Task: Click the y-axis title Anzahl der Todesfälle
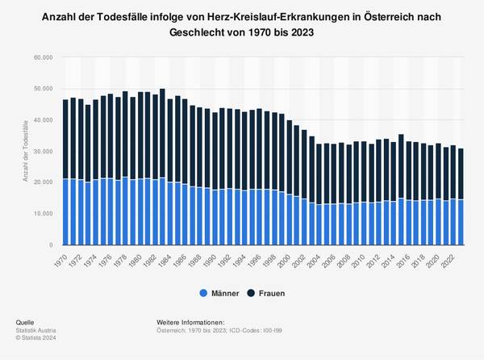click(26, 151)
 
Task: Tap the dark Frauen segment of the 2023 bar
click(461, 174)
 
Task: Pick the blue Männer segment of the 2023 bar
click(461, 222)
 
